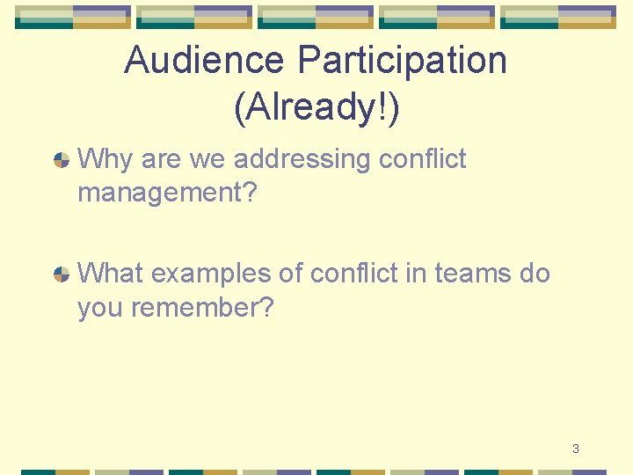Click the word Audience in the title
tap(205, 61)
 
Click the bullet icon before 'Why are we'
tap(62, 160)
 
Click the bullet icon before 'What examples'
tap(62, 274)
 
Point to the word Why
tap(104, 159)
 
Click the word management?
tap(167, 193)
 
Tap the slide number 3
tap(575, 449)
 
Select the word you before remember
tap(101, 309)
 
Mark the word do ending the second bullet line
tap(535, 274)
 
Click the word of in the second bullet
tap(290, 274)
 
